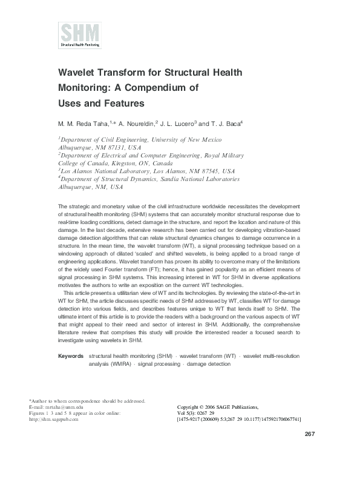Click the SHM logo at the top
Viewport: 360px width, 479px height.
coord(80,35)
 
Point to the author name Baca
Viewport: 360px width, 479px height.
coord(231,124)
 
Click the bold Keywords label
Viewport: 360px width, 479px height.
coord(70,356)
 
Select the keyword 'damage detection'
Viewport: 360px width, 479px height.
coord(208,364)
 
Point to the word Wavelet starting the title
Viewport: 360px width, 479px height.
coord(79,72)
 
